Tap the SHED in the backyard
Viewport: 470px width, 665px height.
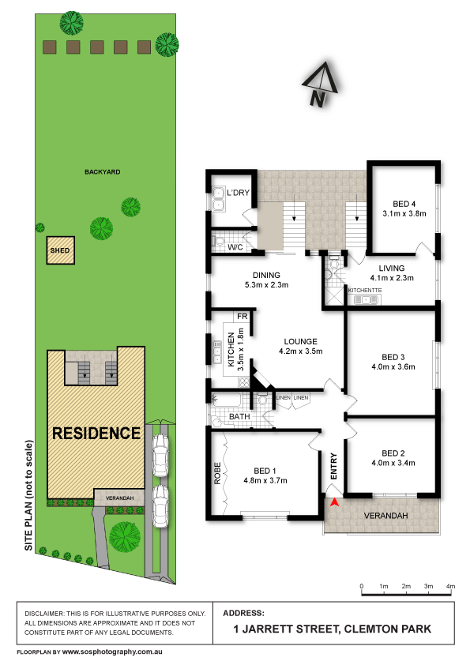coord(60,251)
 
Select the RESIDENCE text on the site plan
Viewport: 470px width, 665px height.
coord(96,433)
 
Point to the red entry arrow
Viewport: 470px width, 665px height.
coord(334,502)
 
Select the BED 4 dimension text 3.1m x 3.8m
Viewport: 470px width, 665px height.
coord(404,213)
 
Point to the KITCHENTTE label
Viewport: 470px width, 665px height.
coord(365,291)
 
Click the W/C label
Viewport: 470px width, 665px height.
coord(235,247)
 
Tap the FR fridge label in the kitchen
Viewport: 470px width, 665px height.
coord(243,317)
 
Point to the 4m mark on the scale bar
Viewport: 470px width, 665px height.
coord(450,586)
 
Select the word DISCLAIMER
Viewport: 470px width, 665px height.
coord(47,614)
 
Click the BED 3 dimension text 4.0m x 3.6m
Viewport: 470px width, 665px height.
coord(393,366)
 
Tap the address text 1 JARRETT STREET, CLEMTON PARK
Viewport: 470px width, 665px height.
coord(336,629)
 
